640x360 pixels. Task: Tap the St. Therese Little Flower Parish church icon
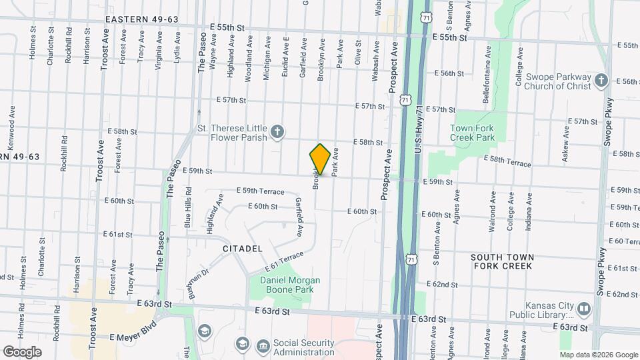(278, 133)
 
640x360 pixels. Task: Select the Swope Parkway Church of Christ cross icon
(601, 81)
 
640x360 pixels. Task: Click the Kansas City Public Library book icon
(583, 309)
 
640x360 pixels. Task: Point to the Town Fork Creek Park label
(472, 132)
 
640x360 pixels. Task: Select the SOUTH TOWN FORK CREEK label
(501, 261)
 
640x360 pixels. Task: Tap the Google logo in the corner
(22, 351)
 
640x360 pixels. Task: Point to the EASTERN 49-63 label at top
(142, 19)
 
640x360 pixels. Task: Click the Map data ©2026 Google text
(598, 355)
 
